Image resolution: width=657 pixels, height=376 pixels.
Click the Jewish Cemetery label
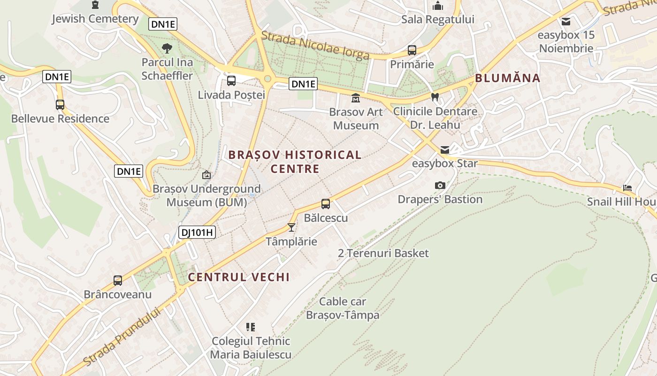pyautogui.click(x=95, y=19)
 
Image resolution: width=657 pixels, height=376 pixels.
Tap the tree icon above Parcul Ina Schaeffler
pyautogui.click(x=167, y=48)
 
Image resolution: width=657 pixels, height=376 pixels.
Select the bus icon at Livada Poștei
pyautogui.click(x=231, y=81)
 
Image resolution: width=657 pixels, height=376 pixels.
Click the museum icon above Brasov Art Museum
pyautogui.click(x=356, y=98)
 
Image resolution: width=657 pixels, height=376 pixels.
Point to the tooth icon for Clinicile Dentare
pyautogui.click(x=435, y=97)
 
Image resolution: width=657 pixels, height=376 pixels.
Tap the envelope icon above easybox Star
pyautogui.click(x=444, y=150)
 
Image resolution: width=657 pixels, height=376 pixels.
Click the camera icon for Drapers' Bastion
pyautogui.click(x=440, y=186)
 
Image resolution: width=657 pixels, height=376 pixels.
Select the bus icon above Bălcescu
pyautogui.click(x=326, y=204)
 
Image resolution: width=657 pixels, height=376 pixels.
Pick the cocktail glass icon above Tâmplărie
pyautogui.click(x=291, y=227)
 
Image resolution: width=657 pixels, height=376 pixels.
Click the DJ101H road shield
pyautogui.click(x=197, y=232)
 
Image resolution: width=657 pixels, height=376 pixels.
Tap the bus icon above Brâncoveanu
pyautogui.click(x=118, y=281)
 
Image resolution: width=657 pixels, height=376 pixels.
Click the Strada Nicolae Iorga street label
pyautogui.click(x=315, y=46)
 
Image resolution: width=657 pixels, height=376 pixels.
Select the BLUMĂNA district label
pyautogui.click(x=508, y=78)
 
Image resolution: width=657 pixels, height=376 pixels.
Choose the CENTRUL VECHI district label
pyautogui.click(x=239, y=277)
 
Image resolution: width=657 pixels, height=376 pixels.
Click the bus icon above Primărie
pyautogui.click(x=412, y=50)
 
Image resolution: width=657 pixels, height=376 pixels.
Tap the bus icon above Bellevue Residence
pyautogui.click(x=60, y=105)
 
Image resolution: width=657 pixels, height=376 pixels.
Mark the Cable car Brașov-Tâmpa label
pyautogui.click(x=343, y=308)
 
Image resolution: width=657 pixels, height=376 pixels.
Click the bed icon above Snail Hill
pyautogui.click(x=627, y=188)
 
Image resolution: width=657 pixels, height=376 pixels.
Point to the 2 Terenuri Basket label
pyautogui.click(x=383, y=253)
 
